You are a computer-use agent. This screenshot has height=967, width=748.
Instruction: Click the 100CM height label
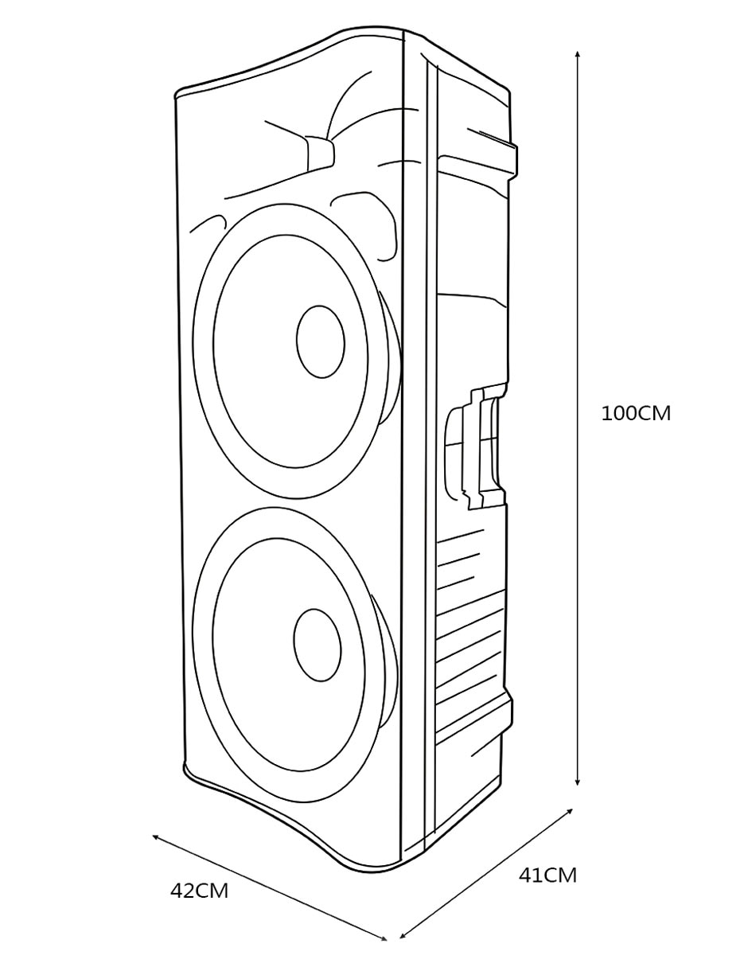(636, 414)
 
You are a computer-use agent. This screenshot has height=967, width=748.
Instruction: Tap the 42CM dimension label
(199, 891)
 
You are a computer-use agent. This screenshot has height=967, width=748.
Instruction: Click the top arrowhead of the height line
(577, 55)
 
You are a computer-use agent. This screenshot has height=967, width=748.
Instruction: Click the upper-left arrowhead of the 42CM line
(156, 837)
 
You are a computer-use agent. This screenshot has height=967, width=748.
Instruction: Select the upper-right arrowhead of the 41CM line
(568, 811)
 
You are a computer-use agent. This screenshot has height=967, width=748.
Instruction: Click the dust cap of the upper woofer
(321, 341)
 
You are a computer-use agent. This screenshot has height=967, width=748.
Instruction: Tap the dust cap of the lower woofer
(317, 645)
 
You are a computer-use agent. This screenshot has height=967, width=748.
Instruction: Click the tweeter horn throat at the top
(319, 153)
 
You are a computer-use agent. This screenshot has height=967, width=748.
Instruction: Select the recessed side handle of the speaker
(476, 449)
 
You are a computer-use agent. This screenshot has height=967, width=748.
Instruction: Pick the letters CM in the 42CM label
(213, 891)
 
